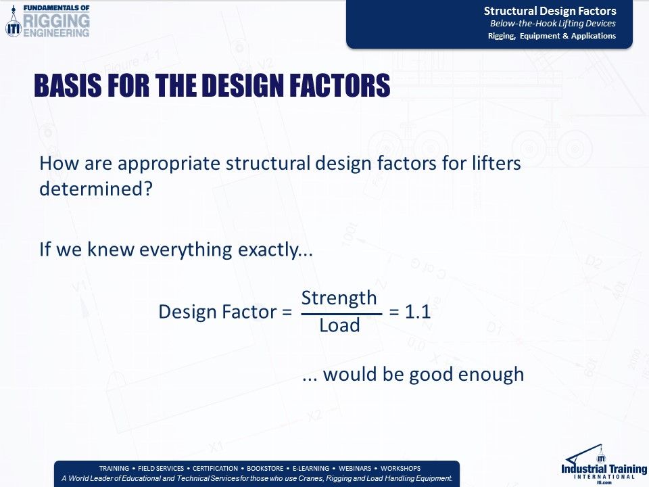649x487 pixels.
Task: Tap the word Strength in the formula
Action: [x=339, y=298]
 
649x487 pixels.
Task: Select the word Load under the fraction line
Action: [x=339, y=325]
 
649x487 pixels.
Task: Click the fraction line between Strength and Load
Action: [x=341, y=314]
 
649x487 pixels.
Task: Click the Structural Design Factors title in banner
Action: [x=550, y=11]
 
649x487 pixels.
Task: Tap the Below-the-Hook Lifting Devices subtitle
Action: [x=552, y=24]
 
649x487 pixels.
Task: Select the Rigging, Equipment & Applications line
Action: [x=552, y=36]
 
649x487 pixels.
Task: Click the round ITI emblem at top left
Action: [x=13, y=27]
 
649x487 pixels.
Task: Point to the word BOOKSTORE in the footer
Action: [x=266, y=468]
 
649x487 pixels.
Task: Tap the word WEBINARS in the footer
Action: [x=354, y=468]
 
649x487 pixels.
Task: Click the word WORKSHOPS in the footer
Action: [x=400, y=468]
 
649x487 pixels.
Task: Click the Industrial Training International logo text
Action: [x=604, y=469]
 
